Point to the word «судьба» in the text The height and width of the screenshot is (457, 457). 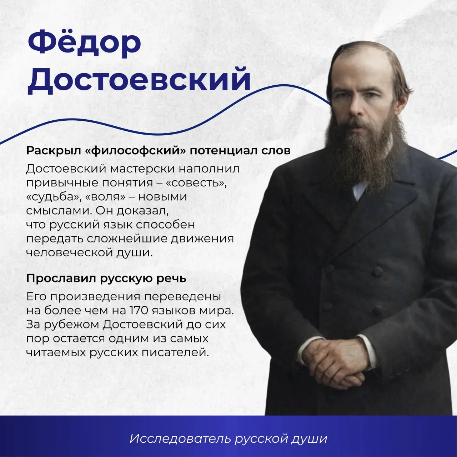pos(52,197)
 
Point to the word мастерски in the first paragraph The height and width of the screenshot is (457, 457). pos(143,169)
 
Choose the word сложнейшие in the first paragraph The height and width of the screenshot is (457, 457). pos(129,238)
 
